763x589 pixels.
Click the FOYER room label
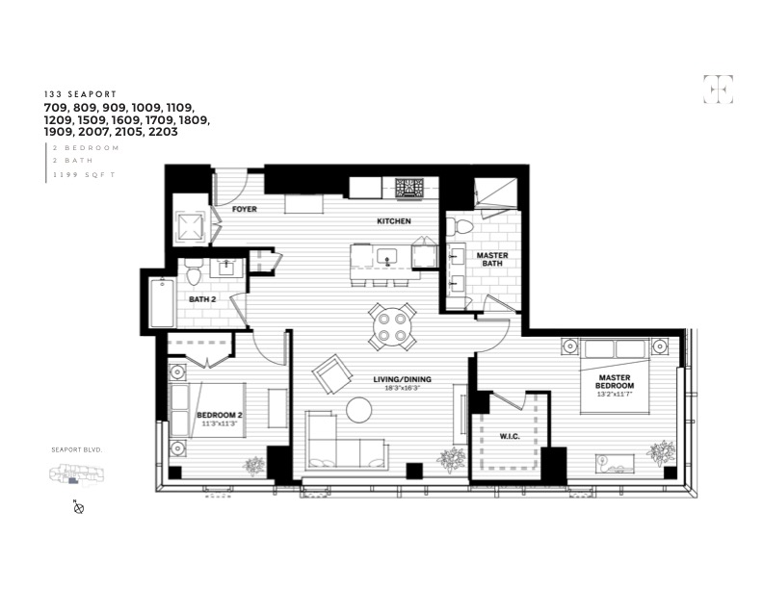click(x=245, y=209)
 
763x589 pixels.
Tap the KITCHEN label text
click(x=393, y=221)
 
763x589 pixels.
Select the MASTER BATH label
click(x=492, y=261)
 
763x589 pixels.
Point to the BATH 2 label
click(x=202, y=299)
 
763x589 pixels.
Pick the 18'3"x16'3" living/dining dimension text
click(x=403, y=389)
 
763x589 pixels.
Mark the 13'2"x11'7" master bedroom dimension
click(x=615, y=394)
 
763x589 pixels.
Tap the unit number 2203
click(x=161, y=132)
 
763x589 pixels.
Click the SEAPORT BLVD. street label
click(x=76, y=449)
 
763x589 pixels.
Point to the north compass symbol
click(x=80, y=507)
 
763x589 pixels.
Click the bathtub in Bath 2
click(x=161, y=302)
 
